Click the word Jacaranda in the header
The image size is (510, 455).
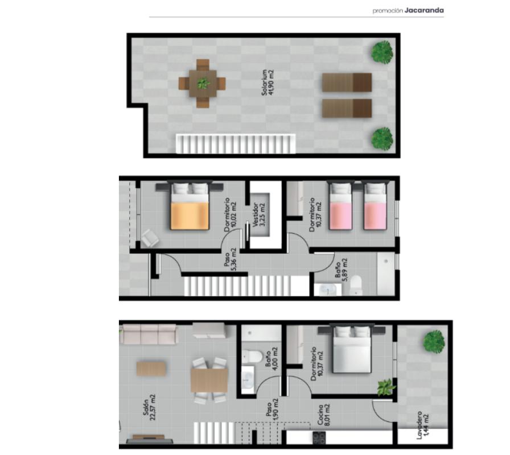tap(424, 10)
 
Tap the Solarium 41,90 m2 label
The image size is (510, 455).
tap(268, 83)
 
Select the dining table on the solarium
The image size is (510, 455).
tap(202, 84)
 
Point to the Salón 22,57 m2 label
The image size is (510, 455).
tap(149, 405)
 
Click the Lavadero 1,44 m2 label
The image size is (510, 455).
tap(422, 425)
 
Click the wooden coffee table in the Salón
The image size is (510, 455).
tap(151, 369)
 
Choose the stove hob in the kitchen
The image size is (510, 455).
tap(319, 438)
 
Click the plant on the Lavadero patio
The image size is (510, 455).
tap(434, 341)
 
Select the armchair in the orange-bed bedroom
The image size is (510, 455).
tap(150, 238)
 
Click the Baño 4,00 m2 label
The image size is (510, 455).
tap(272, 358)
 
